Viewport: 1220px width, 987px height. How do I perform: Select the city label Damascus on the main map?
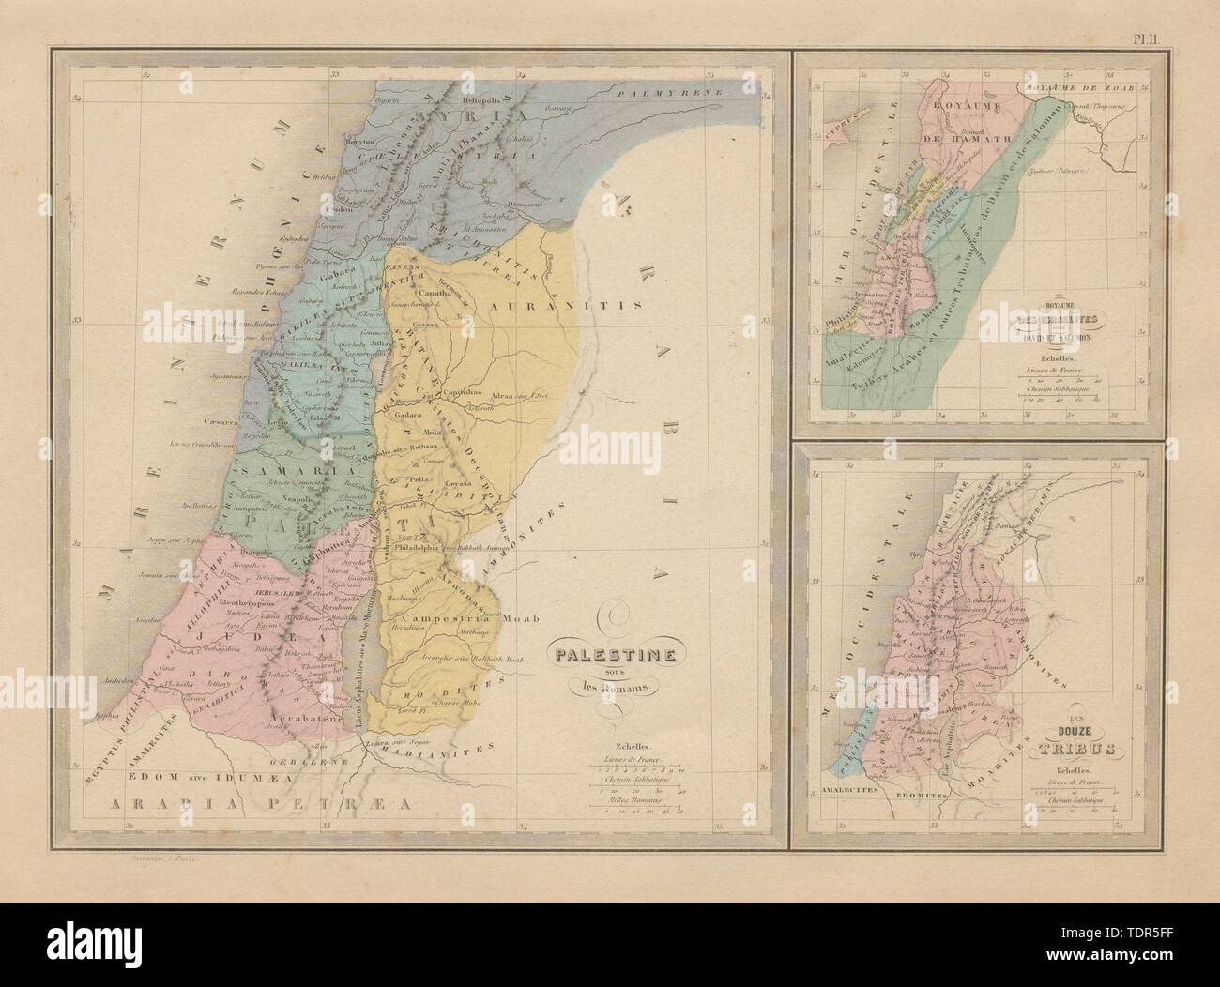coord(531,203)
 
